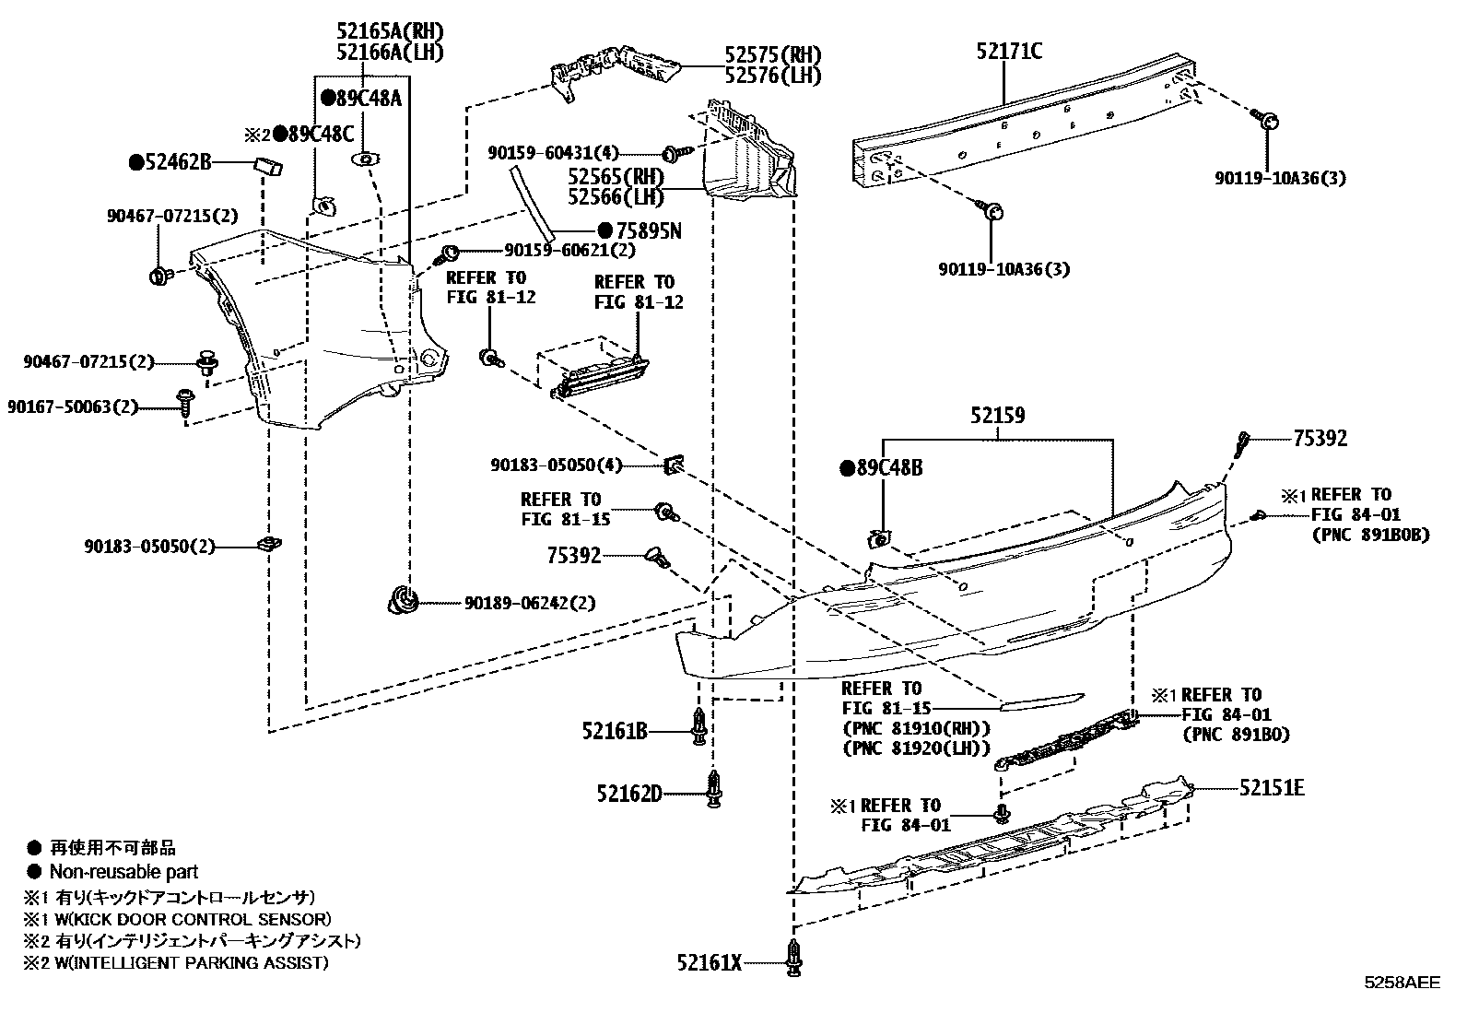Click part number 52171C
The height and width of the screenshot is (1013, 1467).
pyautogui.click(x=1008, y=51)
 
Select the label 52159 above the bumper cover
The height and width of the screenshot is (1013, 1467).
pyautogui.click(x=997, y=416)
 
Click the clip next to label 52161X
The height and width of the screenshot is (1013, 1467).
pyautogui.click(x=793, y=958)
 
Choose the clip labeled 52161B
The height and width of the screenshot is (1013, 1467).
pyautogui.click(x=699, y=726)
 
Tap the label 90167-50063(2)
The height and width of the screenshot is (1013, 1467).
pyautogui.click(x=73, y=406)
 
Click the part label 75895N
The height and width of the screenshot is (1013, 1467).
pyautogui.click(x=649, y=230)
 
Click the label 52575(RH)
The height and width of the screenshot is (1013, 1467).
pyautogui.click(x=773, y=54)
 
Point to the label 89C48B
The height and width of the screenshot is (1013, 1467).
pyautogui.click(x=889, y=468)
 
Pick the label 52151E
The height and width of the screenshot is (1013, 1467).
pyautogui.click(x=1271, y=787)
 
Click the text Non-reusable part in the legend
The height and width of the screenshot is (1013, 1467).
pyautogui.click(x=123, y=871)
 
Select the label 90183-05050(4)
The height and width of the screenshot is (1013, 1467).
pyautogui.click(x=556, y=465)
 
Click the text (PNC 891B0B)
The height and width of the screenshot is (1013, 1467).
pyautogui.click(x=1371, y=535)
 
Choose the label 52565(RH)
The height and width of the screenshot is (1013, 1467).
pyautogui.click(x=616, y=177)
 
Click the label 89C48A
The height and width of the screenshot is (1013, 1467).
pyautogui.click(x=369, y=99)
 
